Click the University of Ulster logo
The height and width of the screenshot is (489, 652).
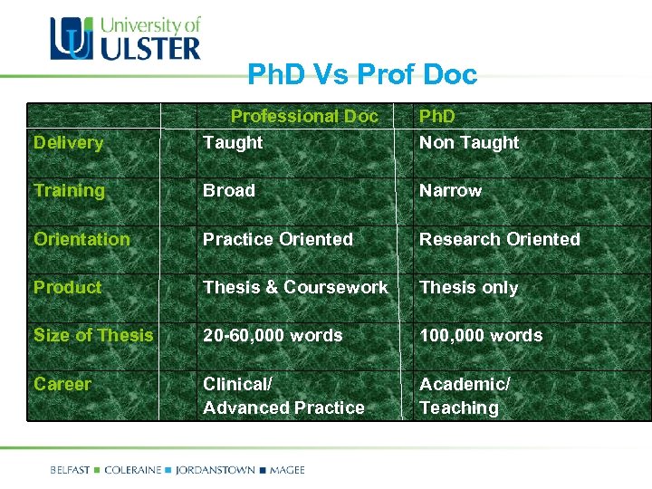pyautogui.click(x=125, y=38)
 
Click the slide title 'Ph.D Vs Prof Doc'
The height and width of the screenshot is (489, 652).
pyautogui.click(x=362, y=74)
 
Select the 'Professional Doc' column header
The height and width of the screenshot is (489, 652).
pyautogui.click(x=304, y=116)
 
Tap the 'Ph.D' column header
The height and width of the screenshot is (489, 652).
pyautogui.click(x=436, y=116)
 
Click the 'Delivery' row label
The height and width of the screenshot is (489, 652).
pyautogui.click(x=68, y=142)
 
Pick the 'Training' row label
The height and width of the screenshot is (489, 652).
pyautogui.click(x=69, y=190)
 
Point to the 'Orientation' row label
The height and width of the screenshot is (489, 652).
pyautogui.click(x=81, y=239)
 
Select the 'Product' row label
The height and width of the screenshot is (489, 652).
pyautogui.click(x=67, y=287)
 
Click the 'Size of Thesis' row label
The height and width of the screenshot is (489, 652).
pyautogui.click(x=93, y=335)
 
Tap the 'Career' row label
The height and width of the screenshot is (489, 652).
pyautogui.click(x=62, y=384)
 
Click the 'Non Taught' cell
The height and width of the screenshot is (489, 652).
pyautogui.click(x=468, y=142)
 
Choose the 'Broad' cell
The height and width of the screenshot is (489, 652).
pyautogui.click(x=229, y=190)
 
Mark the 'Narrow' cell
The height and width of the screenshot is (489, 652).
pyautogui.click(x=450, y=190)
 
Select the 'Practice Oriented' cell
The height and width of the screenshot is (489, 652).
pyautogui.click(x=278, y=239)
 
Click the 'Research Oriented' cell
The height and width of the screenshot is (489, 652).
pyautogui.click(x=499, y=239)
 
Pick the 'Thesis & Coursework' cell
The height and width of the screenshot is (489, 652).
pyautogui.click(x=295, y=287)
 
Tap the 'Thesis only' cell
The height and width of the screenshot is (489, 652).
pyautogui.click(x=468, y=287)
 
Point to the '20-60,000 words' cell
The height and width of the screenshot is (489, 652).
pyautogui.click(x=273, y=335)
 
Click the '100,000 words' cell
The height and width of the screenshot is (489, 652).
pyautogui.click(x=480, y=335)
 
